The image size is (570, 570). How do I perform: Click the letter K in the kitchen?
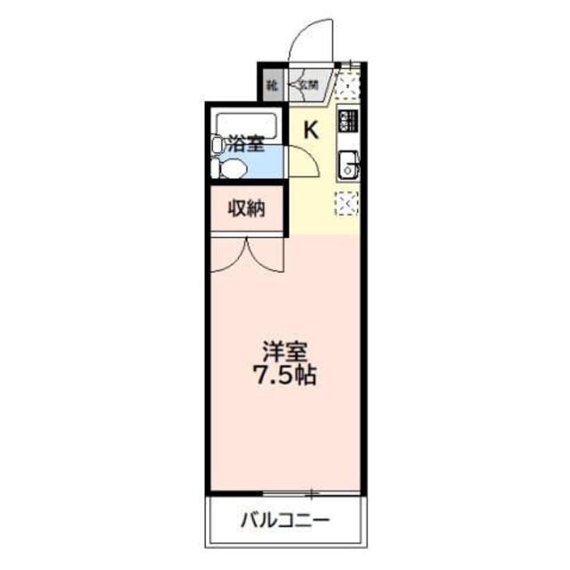pyautogui.click(x=311, y=129)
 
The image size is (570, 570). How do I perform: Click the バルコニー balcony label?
pyautogui.click(x=286, y=520)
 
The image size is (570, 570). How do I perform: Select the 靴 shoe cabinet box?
pyautogui.click(x=271, y=86)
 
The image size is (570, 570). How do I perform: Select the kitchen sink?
pyautogui.click(x=347, y=165)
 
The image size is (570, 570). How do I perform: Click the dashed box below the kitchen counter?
pyautogui.click(x=346, y=204)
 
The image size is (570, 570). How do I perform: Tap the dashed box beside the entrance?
pyautogui.click(x=346, y=86)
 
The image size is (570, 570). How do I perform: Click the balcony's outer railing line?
pyautogui.click(x=287, y=545)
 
